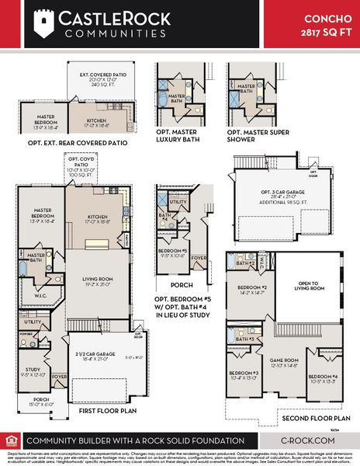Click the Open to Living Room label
(x=310, y=287)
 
